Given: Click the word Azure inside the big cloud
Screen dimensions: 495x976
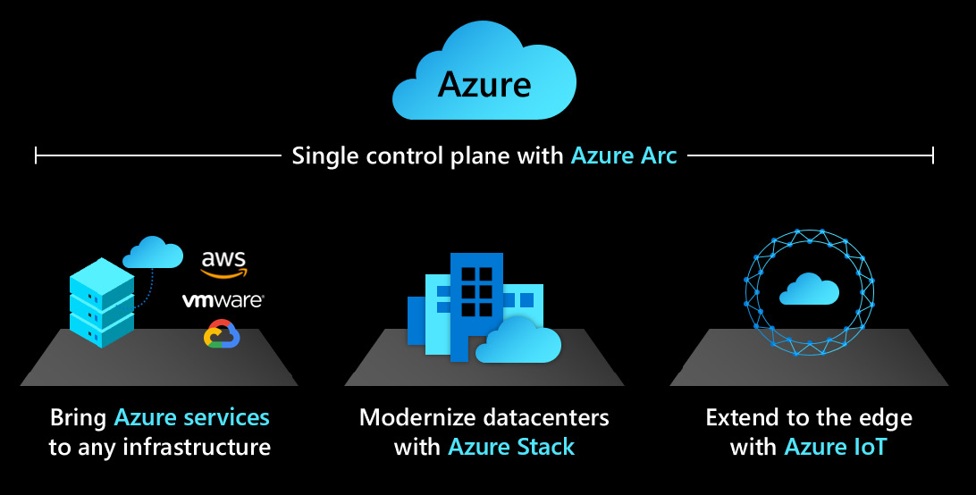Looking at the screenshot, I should pyautogui.click(x=484, y=85).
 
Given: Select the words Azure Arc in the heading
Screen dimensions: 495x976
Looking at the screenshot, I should pyautogui.click(x=624, y=156).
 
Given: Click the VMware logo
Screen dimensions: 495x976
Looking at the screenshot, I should pyautogui.click(x=223, y=300).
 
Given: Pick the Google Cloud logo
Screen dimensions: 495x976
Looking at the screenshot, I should pyautogui.click(x=223, y=334).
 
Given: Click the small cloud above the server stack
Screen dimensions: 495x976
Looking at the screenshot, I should pyautogui.click(x=152, y=252).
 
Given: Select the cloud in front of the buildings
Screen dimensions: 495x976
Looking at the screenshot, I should pyautogui.click(x=518, y=341).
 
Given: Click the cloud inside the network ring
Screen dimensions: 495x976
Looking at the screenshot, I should pyautogui.click(x=809, y=289).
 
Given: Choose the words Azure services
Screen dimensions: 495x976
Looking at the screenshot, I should pyautogui.click(x=191, y=417).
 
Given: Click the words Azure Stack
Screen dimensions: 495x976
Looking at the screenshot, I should pyautogui.click(x=511, y=447).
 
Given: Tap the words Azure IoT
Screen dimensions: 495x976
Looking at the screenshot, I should pyautogui.click(x=835, y=447).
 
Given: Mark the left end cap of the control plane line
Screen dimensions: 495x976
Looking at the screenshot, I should pyautogui.click(x=36, y=156).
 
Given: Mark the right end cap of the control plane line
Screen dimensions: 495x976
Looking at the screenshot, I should pyautogui.click(x=933, y=156).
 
